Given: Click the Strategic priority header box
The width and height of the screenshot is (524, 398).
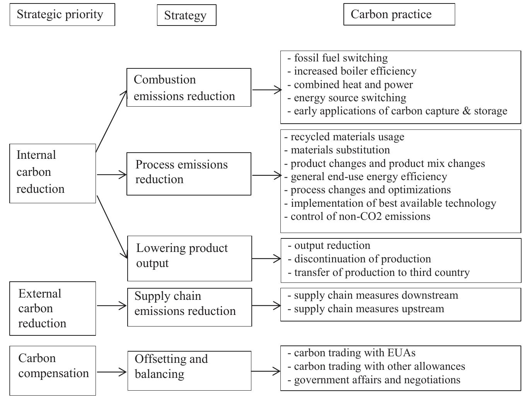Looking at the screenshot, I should pyautogui.click(x=62, y=15).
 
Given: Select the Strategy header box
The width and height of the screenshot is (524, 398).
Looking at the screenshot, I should pyautogui.click(x=186, y=15).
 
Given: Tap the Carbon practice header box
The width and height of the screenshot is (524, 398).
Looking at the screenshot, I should pyautogui.click(x=399, y=14).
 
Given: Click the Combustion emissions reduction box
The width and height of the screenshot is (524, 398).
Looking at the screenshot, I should pyautogui.click(x=189, y=88).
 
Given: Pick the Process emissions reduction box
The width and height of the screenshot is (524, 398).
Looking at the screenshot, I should pyautogui.click(x=189, y=173).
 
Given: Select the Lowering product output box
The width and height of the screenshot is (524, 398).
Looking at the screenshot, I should pyautogui.click(x=189, y=258).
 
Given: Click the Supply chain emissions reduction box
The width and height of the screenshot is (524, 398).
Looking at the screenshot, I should pyautogui.click(x=189, y=307).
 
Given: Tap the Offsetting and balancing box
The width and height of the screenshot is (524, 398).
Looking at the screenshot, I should pyautogui.click(x=189, y=371).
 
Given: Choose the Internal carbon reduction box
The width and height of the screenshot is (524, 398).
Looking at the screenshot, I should pyautogui.click(x=53, y=173).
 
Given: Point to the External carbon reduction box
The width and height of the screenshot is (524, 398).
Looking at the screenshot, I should pyautogui.click(x=53, y=308).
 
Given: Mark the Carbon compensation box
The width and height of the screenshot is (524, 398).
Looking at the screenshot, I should pyautogui.click(x=53, y=370).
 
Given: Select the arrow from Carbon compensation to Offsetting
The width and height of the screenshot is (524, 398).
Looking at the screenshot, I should pyautogui.click(x=111, y=372).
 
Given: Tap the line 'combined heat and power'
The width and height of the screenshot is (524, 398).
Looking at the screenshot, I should pyautogui.click(x=353, y=85).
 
